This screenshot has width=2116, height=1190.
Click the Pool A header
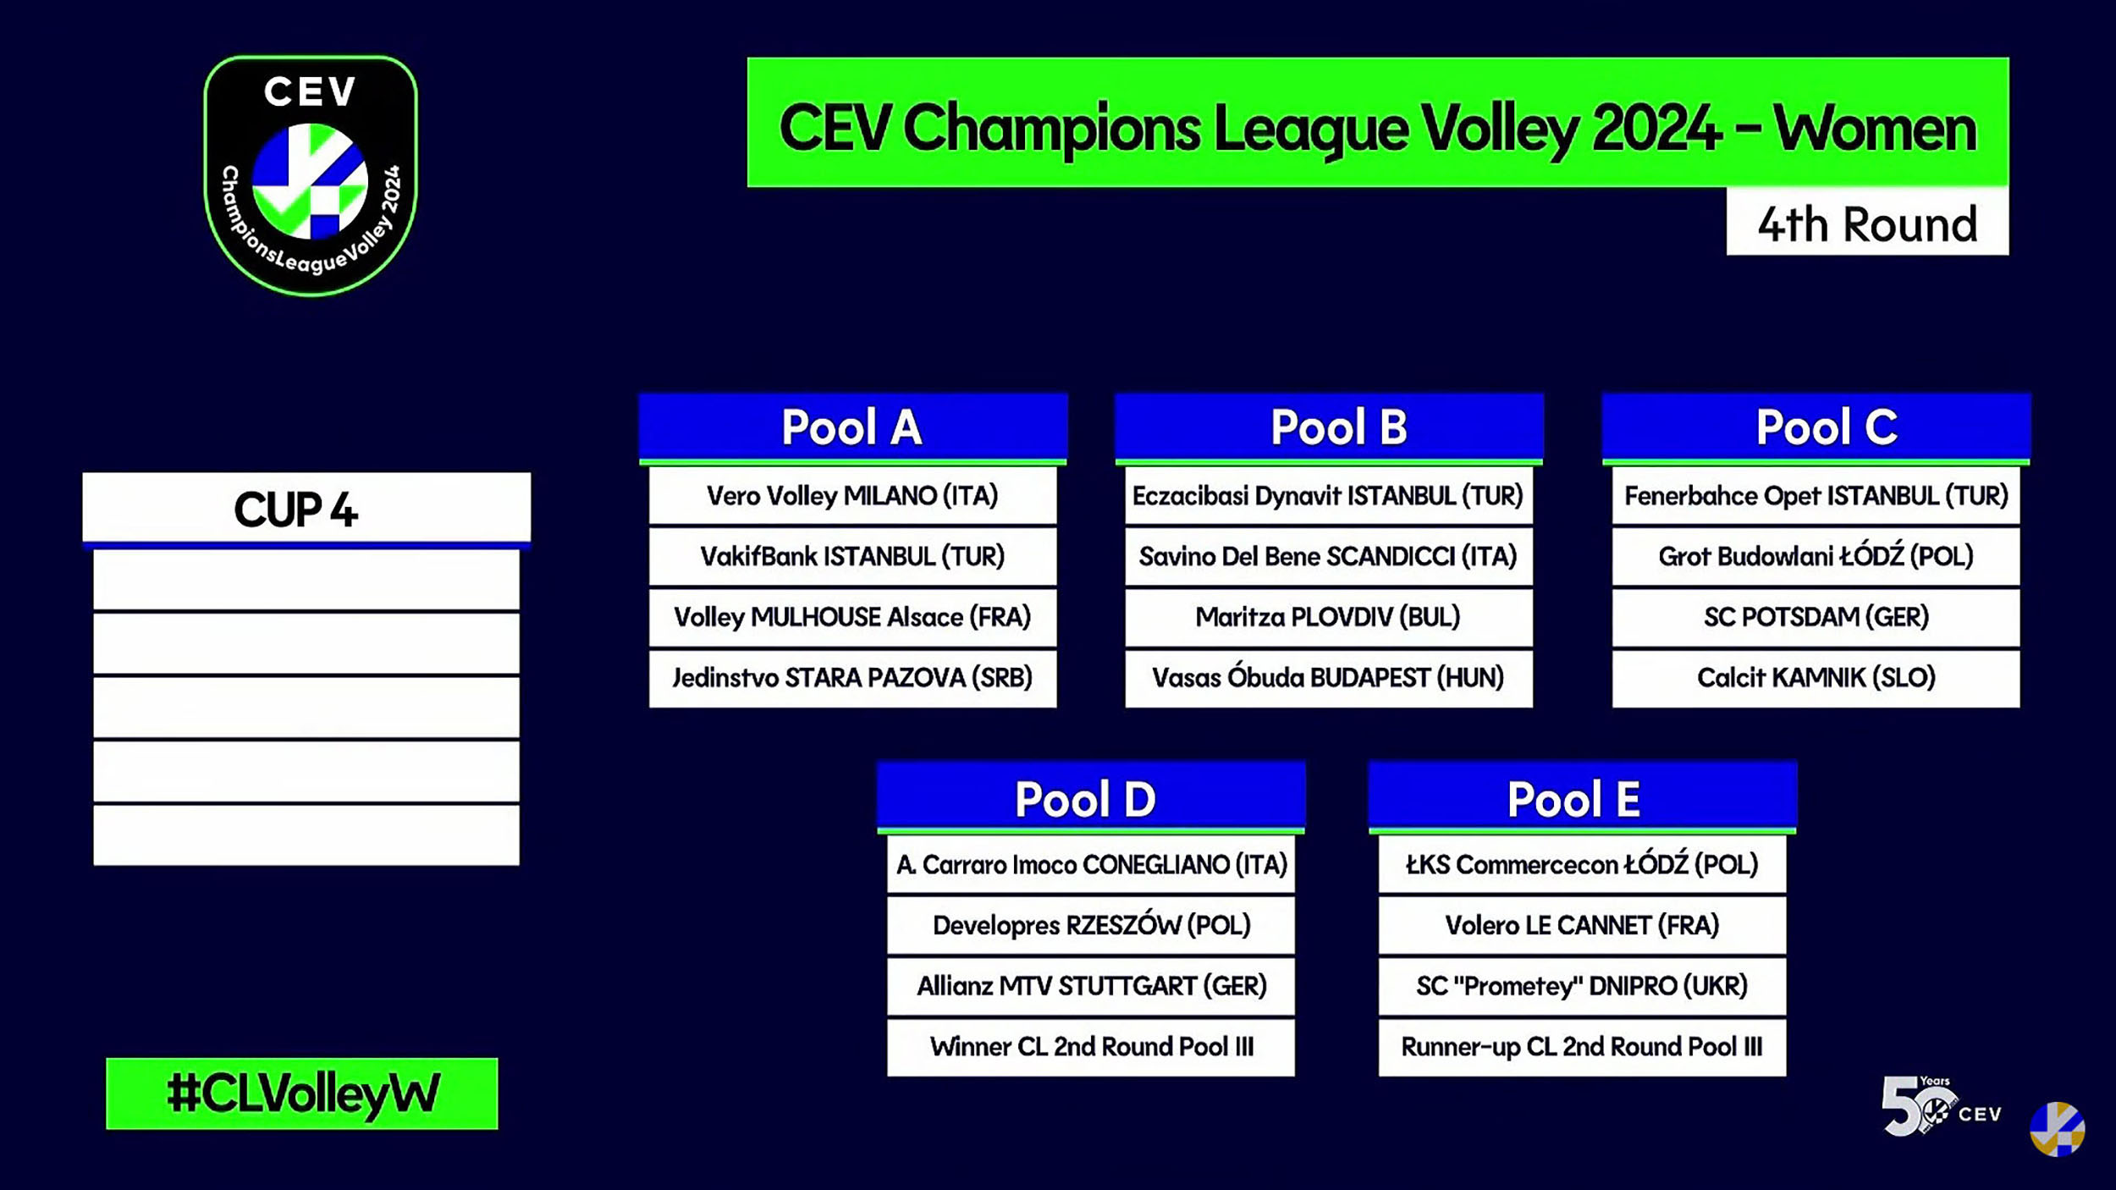(853, 427)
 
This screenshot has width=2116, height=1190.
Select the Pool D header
(1091, 798)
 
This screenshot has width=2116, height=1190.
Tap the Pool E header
(1582, 798)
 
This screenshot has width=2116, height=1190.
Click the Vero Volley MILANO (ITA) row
(853, 496)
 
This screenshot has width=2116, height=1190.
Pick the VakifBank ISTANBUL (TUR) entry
(853, 557)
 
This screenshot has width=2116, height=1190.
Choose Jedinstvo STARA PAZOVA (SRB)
(853, 678)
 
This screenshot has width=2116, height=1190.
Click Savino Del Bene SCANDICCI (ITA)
(1329, 557)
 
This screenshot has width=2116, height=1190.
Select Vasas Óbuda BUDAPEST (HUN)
(1329, 678)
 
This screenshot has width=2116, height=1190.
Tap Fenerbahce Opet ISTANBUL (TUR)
(1816, 496)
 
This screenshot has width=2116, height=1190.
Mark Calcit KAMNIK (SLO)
(1816, 678)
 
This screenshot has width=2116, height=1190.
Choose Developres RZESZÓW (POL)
(1091, 925)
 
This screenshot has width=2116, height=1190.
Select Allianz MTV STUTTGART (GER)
(1091, 986)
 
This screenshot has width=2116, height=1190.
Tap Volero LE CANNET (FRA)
(1582, 925)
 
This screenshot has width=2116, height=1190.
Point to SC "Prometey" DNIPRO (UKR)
(1582, 986)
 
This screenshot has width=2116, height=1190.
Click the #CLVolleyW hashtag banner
(302, 1093)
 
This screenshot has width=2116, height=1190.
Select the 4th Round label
(1867, 223)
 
